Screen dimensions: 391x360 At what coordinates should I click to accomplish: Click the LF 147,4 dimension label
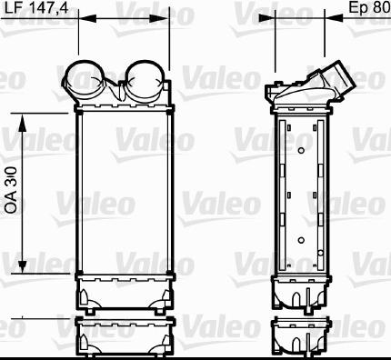coord(36,8)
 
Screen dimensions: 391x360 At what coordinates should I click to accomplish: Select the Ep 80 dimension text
coord(369,7)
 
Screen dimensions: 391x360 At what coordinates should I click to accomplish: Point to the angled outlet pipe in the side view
coord(336,80)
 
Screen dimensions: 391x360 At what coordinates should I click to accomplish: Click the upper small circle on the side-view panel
coord(301,151)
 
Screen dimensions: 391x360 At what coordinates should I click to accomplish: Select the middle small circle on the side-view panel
coord(301,240)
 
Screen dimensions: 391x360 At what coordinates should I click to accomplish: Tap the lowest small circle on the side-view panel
coord(321,253)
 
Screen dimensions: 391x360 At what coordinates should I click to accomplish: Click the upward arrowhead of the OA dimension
coord(22,123)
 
